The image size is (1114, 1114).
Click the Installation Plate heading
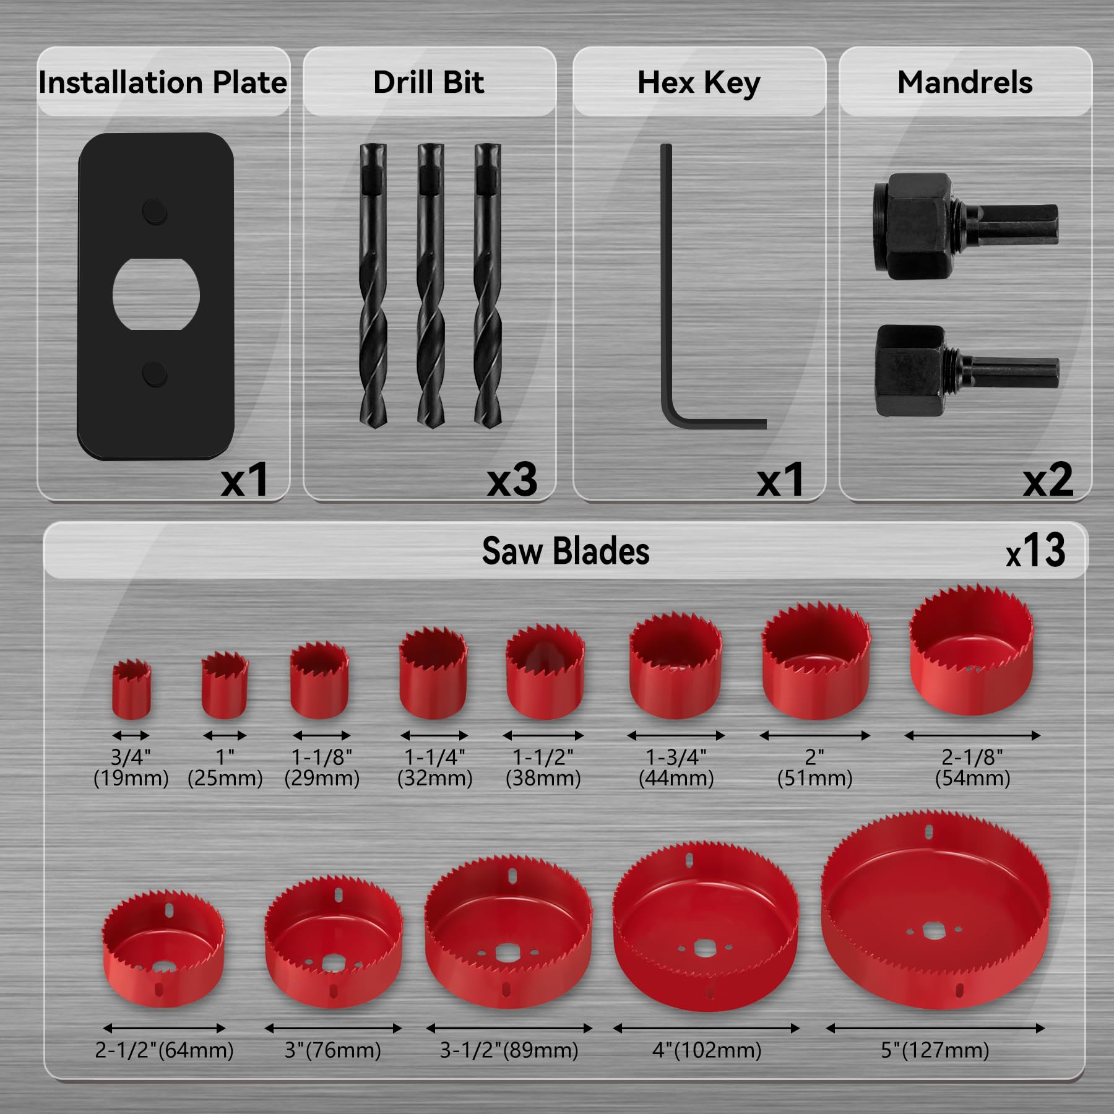click(x=163, y=83)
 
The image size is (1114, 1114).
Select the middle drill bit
click(x=430, y=285)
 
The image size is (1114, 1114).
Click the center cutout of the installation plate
click(x=156, y=295)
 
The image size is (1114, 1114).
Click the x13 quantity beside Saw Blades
click(x=1035, y=551)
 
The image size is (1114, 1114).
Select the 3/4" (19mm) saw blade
click(x=131, y=690)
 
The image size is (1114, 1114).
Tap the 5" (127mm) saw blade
click(x=935, y=913)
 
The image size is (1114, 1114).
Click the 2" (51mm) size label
click(x=814, y=767)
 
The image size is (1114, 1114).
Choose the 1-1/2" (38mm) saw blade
click(x=545, y=675)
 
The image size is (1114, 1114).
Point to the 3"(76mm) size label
click(x=333, y=1050)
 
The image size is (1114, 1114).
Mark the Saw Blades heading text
click(x=566, y=551)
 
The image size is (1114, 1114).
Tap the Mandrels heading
click(x=965, y=83)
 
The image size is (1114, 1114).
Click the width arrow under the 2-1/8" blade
click(x=972, y=736)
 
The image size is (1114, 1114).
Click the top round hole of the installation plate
click(x=154, y=212)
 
